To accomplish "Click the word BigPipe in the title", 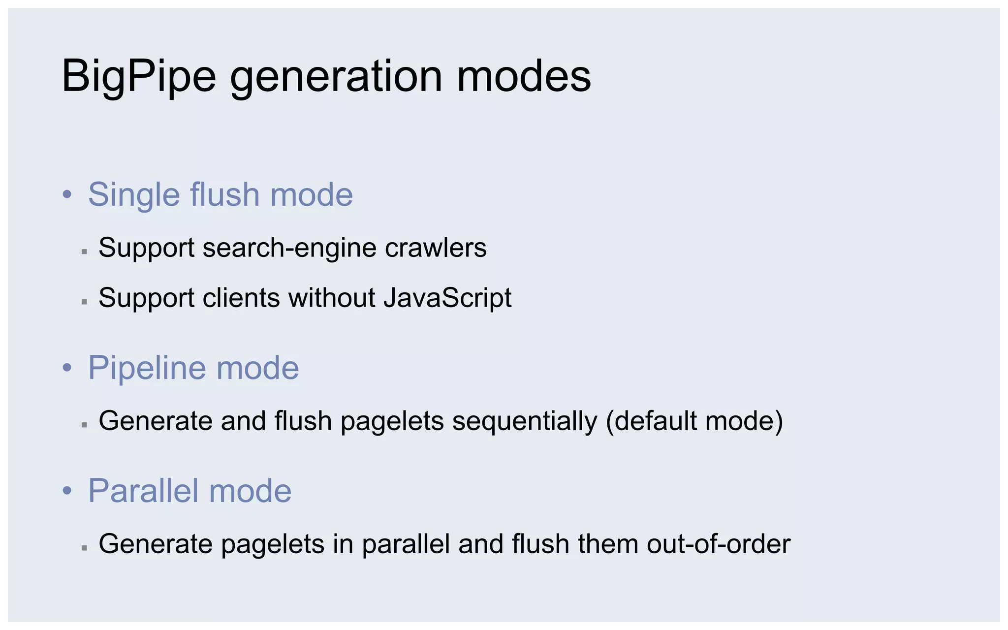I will point(139,77).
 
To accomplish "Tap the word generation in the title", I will point(336,77).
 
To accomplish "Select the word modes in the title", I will point(524,77).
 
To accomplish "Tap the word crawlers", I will point(436,248).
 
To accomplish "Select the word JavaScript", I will point(447,298).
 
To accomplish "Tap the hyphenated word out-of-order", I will point(719,544).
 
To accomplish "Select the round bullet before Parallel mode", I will point(67,491).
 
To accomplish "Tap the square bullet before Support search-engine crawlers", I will point(85,252).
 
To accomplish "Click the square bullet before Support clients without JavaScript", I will point(85,302).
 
